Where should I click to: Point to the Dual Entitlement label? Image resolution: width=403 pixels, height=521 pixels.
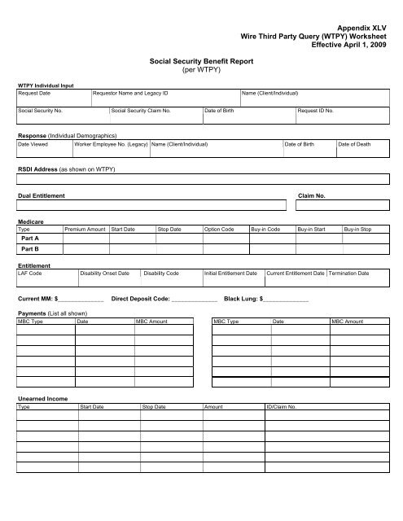(41, 197)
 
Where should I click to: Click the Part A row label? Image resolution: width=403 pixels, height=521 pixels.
(31, 239)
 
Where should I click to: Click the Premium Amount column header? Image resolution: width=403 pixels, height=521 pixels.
(85, 230)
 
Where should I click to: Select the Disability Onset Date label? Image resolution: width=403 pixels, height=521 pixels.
(104, 273)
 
